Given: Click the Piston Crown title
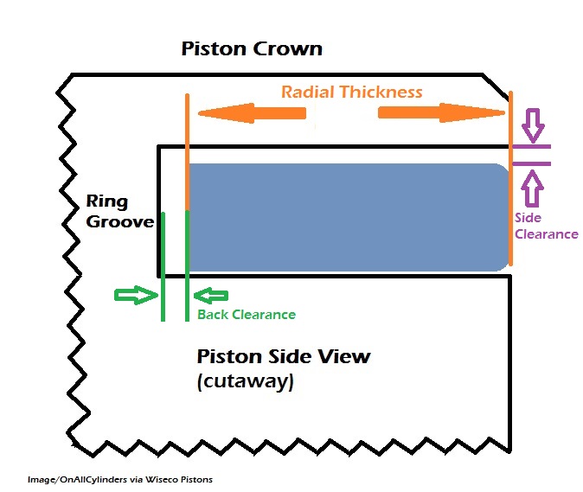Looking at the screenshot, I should pyautogui.click(x=252, y=48).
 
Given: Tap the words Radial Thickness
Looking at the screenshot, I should pyautogui.click(x=351, y=92).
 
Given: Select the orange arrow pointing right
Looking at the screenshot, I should pyautogui.click(x=441, y=113).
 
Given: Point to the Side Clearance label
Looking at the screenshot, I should pyautogui.click(x=546, y=227).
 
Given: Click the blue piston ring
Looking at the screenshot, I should pyautogui.click(x=346, y=217).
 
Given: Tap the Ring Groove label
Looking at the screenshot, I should pyautogui.click(x=119, y=212).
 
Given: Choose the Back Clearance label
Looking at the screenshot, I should pyautogui.click(x=247, y=315).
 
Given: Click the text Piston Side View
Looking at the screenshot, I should pyautogui.click(x=284, y=356).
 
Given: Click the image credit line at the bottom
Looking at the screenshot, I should pyautogui.click(x=120, y=478).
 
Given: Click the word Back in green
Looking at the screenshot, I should pyautogui.click(x=213, y=315).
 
